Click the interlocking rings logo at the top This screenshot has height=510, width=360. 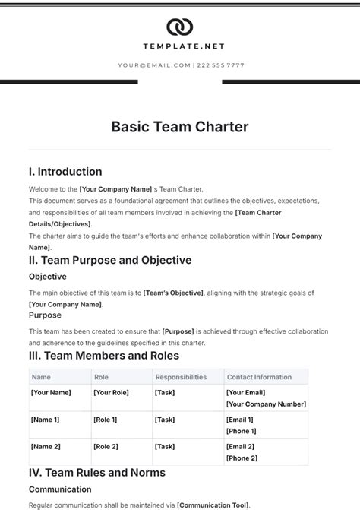pyautogui.click(x=180, y=27)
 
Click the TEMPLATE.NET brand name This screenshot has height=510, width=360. pyautogui.click(x=180, y=47)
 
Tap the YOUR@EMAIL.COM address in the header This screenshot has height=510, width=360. pyautogui.click(x=154, y=65)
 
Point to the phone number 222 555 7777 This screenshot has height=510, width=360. pyautogui.click(x=220, y=65)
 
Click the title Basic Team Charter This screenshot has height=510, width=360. pyautogui.click(x=180, y=127)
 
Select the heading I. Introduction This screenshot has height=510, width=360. pyautogui.click(x=65, y=172)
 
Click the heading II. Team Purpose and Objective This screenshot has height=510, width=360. pyautogui.click(x=110, y=260)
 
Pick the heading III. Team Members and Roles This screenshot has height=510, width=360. pyautogui.click(x=104, y=355)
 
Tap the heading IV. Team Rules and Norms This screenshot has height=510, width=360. pyautogui.click(x=97, y=472)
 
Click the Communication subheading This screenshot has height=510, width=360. pyautogui.click(x=61, y=490)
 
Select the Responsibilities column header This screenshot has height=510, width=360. pyautogui.click(x=180, y=377)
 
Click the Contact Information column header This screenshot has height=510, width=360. pyautogui.click(x=258, y=377)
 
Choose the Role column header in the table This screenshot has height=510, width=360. pyautogui.click(x=101, y=377)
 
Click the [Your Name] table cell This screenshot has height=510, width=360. pyautogui.click(x=51, y=392)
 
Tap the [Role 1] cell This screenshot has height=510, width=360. pyautogui.click(x=105, y=420)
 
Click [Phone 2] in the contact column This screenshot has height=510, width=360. pyautogui.click(x=242, y=458)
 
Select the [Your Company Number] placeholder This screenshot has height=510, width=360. pyautogui.click(x=266, y=404)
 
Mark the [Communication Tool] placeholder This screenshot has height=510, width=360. pyautogui.click(x=213, y=505)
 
